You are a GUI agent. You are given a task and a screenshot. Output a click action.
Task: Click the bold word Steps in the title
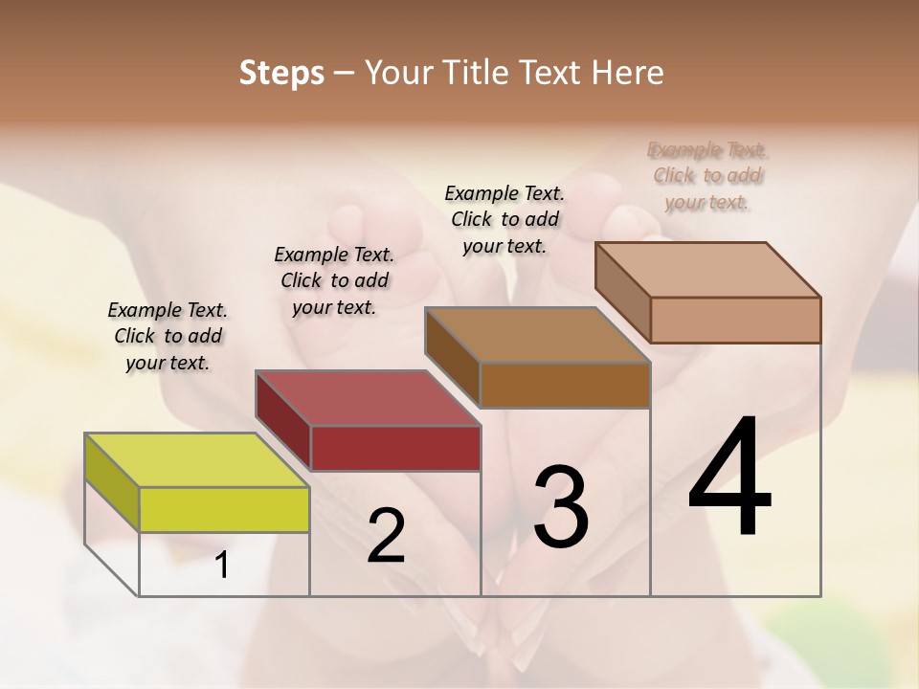281,73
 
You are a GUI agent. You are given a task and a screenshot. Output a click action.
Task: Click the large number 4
729,478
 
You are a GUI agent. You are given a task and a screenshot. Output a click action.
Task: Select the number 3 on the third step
560,507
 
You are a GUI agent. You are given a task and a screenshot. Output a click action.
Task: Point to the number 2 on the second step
386,536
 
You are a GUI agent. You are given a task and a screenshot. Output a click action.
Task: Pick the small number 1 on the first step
222,566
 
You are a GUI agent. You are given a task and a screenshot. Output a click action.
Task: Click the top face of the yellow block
196,460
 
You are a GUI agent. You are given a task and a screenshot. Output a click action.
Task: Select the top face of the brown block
537,335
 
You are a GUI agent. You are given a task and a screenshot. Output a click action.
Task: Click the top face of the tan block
707,270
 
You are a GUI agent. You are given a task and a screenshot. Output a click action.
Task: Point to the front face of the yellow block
224,509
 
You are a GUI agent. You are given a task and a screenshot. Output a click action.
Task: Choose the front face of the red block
394,448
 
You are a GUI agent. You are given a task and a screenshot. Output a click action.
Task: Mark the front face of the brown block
565,385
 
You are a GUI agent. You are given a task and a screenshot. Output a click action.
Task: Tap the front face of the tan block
735,320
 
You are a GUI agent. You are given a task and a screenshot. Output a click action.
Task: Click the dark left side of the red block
283,421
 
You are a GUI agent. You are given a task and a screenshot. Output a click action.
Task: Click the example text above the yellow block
168,336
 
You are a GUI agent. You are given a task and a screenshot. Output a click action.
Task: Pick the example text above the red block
334,280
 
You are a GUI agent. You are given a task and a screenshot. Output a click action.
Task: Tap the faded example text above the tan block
707,175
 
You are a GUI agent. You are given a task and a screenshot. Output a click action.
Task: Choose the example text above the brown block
504,219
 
